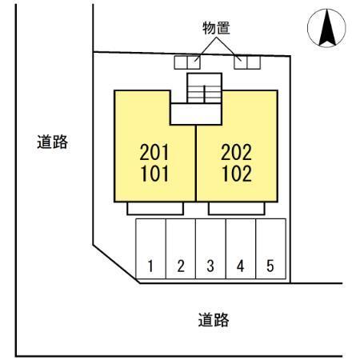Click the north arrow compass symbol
click(326, 28)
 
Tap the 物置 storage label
click(216, 28)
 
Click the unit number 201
click(154, 152)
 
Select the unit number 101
click(154, 174)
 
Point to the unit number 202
click(236, 152)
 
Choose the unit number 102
click(237, 174)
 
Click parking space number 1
click(150, 266)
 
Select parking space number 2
click(181, 266)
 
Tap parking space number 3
click(210, 266)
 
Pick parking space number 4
click(240, 266)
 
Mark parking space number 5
click(270, 266)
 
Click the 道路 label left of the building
click(52, 142)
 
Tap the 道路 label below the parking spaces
click(214, 320)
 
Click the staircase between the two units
click(205, 88)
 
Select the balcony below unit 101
click(155, 208)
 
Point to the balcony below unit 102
click(237, 208)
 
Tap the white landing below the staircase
click(196, 114)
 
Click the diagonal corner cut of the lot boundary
click(116, 264)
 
